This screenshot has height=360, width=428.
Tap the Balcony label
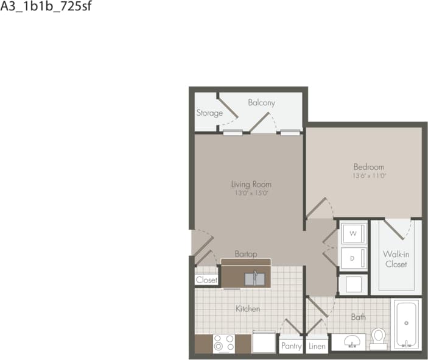(261, 103)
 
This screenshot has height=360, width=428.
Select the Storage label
(209, 113)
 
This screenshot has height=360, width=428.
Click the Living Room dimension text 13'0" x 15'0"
(251, 193)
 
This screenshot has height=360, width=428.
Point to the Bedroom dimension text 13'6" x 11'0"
(369, 176)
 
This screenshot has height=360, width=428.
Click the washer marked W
(353, 233)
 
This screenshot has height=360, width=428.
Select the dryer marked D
(353, 258)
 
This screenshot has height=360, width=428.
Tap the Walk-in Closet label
(395, 259)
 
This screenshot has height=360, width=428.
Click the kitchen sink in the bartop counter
(255, 279)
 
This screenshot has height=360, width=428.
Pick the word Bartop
(245, 253)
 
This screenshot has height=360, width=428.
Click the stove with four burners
(223, 344)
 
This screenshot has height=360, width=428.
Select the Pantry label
(291, 345)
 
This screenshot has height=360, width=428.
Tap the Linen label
(317, 345)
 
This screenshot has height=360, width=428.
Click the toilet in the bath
(379, 337)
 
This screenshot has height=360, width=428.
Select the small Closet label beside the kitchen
(206, 280)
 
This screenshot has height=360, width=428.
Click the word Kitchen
(248, 309)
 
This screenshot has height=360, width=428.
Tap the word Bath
(359, 317)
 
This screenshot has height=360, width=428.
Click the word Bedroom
(369, 167)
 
